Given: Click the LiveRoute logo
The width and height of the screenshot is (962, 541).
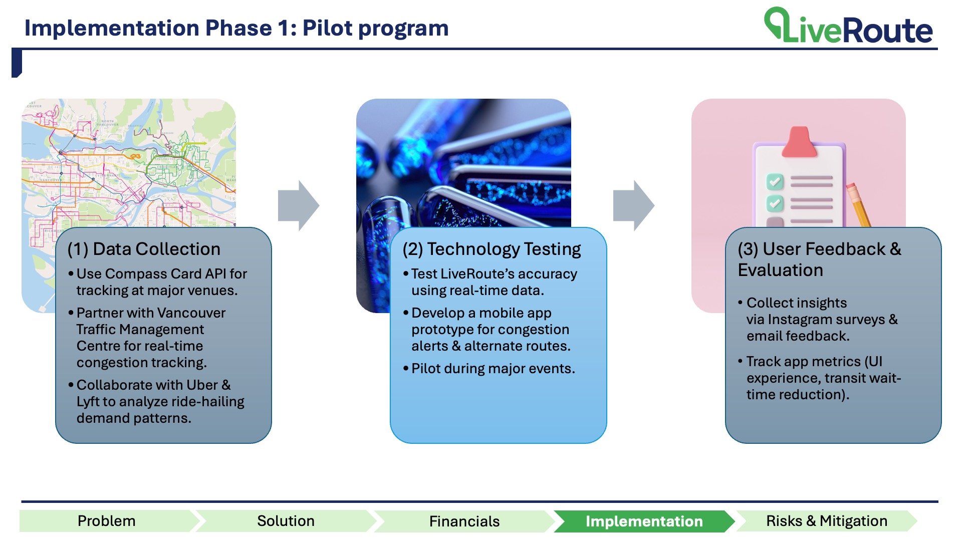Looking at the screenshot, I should [848, 26].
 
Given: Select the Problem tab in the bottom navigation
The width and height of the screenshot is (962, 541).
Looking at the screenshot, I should [106, 521].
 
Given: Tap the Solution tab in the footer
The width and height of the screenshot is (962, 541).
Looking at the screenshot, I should [286, 521].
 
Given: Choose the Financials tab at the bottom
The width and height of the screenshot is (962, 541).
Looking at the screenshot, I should [464, 521].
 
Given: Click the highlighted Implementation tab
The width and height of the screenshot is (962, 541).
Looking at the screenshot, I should [644, 521].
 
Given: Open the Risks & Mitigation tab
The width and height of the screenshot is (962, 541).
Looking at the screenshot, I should [826, 521].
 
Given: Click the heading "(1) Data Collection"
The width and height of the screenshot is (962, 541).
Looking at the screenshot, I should [144, 249].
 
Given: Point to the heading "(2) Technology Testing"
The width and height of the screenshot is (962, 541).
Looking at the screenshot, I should [492, 249].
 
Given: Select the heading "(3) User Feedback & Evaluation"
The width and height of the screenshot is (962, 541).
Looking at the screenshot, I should [819, 259].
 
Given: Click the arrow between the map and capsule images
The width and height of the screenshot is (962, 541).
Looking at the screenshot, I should [299, 205].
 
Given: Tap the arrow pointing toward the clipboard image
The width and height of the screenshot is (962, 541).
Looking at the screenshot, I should [634, 205].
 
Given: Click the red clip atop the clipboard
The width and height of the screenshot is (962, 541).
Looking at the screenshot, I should [799, 142].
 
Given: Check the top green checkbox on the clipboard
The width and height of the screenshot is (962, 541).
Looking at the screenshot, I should [775, 181].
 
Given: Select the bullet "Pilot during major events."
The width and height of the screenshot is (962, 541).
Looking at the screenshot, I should [493, 369].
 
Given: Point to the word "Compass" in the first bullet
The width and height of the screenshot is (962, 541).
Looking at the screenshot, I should [132, 274].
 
